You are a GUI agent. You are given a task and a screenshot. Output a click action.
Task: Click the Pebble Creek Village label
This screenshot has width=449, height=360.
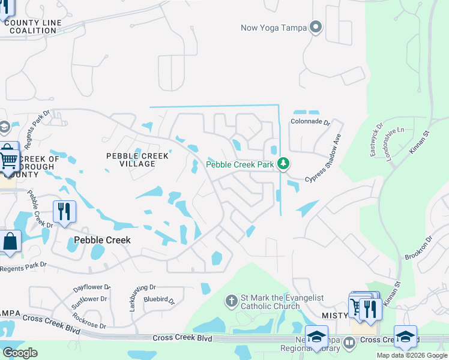click(137, 160)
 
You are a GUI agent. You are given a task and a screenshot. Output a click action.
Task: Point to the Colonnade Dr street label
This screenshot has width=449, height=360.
click(311, 122)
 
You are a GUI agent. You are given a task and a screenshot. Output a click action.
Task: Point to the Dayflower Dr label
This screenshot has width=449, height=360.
click(92, 288)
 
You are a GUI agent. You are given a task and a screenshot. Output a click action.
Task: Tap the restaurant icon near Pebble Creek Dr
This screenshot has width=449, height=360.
click(64, 211)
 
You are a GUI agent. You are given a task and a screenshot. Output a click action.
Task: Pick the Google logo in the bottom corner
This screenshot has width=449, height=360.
click(20, 353)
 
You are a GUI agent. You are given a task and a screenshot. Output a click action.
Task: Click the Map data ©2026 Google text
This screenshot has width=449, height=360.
click(411, 355)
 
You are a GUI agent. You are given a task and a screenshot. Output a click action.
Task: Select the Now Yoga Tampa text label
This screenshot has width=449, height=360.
click(273, 28)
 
